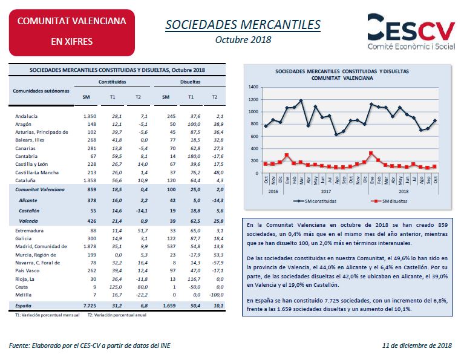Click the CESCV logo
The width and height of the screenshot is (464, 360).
411,31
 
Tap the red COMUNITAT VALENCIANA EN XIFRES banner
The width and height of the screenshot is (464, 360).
72,33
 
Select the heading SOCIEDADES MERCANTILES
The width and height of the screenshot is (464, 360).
243,25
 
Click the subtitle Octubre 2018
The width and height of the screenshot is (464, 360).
243,40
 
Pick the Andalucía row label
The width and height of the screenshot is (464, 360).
27,116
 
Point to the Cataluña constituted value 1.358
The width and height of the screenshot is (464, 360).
90,180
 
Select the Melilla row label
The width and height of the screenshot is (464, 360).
24,295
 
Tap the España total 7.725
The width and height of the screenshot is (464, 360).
90,306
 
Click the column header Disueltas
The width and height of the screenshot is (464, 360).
191,82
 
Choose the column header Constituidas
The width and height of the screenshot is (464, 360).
112,82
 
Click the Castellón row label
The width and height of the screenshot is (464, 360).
29,211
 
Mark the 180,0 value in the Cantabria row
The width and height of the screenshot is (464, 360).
194,156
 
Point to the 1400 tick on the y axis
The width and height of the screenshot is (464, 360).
253,87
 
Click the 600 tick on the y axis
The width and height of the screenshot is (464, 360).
255,137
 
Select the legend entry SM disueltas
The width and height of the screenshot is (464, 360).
389,201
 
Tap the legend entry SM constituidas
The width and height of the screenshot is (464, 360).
315,201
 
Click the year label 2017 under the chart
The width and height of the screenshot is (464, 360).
326,192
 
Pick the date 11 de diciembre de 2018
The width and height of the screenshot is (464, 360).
417,345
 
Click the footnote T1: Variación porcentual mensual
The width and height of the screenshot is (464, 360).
47,315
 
